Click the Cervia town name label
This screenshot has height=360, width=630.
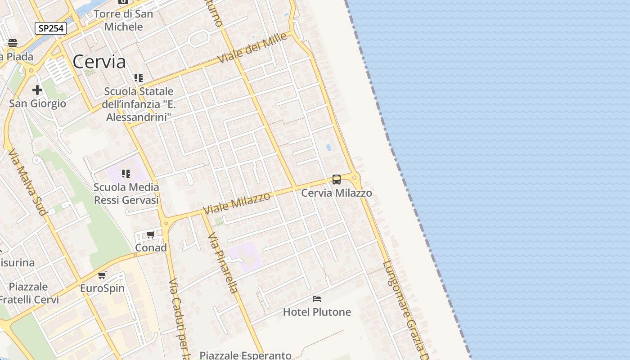click(99, 62)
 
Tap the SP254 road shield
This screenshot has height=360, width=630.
click(51, 28)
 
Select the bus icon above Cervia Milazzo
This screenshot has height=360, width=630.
click(336, 180)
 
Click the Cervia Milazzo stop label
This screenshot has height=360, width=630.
click(336, 193)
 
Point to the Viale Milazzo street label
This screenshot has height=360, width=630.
click(237, 202)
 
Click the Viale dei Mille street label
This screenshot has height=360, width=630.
click(252, 48)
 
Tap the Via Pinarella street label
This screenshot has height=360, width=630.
click(223, 263)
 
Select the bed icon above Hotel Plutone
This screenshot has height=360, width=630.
click(317, 299)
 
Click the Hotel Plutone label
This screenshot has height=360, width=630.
click(317, 312)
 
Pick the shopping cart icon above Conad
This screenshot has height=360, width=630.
click(151, 234)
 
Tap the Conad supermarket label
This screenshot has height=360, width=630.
click(151, 247)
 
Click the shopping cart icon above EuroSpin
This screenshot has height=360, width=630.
click(102, 275)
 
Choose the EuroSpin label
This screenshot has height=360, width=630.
click(102, 288)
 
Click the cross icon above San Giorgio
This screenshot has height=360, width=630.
click(37, 90)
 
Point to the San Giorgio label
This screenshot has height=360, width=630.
click(37, 103)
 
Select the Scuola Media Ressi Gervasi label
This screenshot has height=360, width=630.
click(126, 193)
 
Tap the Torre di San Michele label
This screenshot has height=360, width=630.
click(123, 20)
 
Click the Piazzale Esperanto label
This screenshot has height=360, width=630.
click(245, 355)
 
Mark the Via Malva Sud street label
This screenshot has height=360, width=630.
click(27, 182)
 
